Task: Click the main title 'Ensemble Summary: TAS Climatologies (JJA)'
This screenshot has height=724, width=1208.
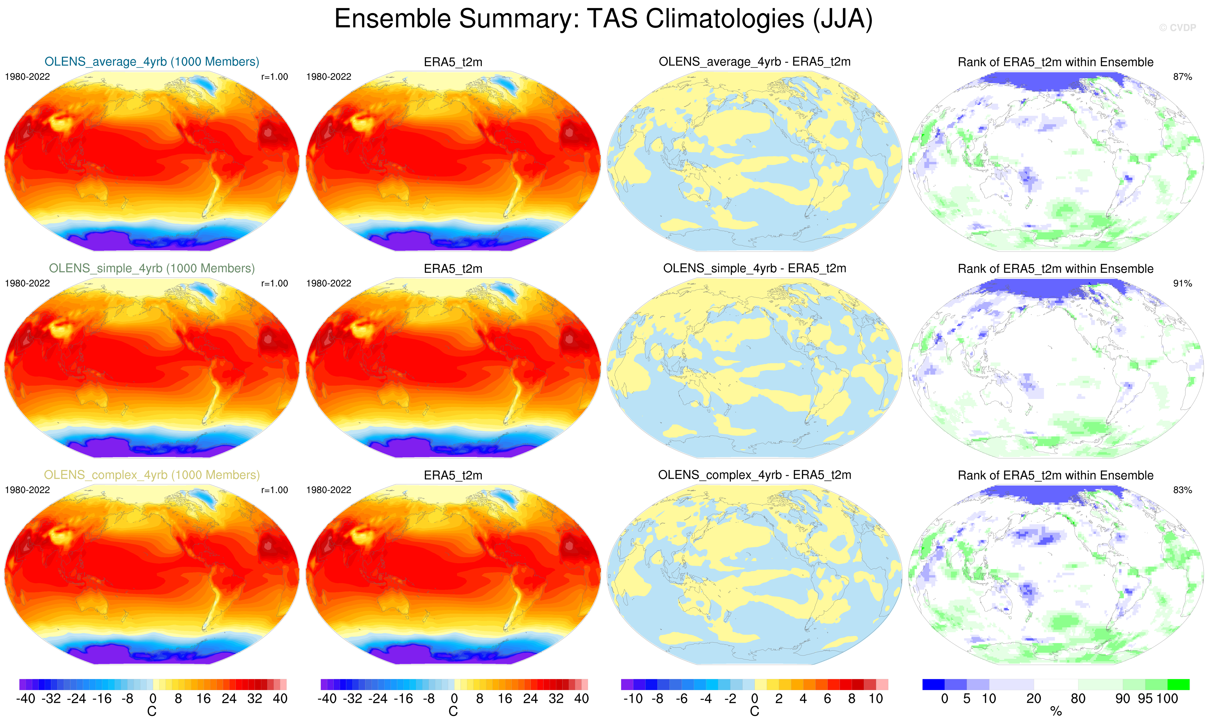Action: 603,20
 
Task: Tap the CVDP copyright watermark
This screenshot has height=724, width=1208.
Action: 1177,28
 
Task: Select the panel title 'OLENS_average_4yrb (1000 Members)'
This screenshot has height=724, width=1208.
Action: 152,62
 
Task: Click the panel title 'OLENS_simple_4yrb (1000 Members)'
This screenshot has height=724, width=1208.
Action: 152,268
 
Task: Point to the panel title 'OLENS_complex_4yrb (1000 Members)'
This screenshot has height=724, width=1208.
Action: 152,475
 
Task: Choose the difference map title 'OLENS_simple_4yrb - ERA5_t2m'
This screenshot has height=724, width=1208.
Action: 754,268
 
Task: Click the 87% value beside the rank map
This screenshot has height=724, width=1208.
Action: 1182,77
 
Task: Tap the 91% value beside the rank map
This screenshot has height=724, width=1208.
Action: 1182,283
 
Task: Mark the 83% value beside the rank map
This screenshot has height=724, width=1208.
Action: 1182,490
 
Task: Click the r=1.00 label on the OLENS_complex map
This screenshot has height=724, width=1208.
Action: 275,490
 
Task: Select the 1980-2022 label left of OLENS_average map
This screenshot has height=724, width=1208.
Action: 27,77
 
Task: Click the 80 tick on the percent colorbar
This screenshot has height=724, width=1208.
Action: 1078,699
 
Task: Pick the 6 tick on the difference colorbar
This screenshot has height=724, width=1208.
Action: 827,699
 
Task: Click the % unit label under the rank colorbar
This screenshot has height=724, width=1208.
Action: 1056,712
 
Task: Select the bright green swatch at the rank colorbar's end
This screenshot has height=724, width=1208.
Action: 1178,684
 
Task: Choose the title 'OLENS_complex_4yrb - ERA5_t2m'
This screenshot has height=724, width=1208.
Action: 754,475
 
